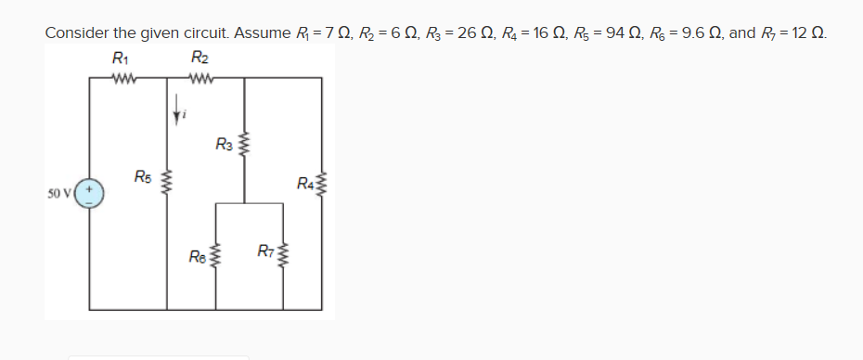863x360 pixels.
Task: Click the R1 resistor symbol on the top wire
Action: (122, 79)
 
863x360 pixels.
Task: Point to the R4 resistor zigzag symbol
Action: (322, 182)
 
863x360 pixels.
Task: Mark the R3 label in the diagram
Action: (224, 144)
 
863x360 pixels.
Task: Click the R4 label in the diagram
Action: (305, 181)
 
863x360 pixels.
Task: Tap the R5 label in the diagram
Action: (143, 176)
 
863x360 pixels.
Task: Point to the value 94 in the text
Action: (612, 33)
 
